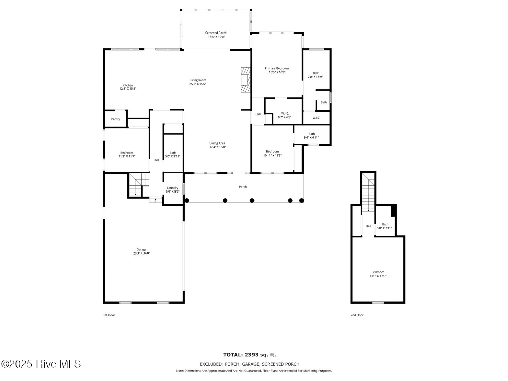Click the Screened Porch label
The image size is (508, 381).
(216, 33)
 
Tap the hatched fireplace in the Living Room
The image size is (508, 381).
(246, 80)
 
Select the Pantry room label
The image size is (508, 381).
(116, 119)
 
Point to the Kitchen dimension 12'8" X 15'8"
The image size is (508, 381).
(128, 89)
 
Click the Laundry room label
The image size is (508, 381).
(172, 188)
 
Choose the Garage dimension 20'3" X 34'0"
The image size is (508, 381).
(141, 253)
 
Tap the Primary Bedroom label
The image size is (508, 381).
(277, 68)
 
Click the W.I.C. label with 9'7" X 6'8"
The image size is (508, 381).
(285, 114)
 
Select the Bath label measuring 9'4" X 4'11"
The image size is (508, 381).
(311, 134)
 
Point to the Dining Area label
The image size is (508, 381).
(217, 143)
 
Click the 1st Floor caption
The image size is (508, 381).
(109, 315)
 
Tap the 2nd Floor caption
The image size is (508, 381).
(357, 315)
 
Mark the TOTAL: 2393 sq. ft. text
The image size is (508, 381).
(249, 355)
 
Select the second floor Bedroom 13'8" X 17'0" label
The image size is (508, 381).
(378, 272)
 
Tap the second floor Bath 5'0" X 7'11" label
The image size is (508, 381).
(385, 224)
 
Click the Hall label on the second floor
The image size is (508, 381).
(368, 226)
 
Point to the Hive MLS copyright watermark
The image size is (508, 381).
(41, 364)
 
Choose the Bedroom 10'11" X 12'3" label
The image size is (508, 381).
(272, 152)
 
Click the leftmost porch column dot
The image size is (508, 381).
(187, 201)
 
